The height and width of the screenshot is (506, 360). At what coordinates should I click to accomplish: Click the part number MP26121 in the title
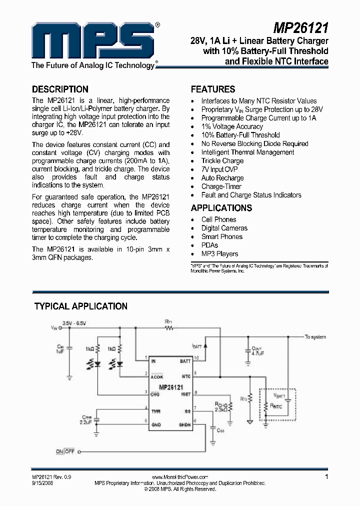(x=301, y=26)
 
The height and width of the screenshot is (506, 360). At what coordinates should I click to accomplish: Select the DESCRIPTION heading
(x=60, y=89)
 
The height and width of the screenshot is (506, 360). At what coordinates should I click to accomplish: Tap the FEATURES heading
(x=213, y=89)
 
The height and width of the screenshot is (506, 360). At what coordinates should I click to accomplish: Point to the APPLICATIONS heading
(x=221, y=208)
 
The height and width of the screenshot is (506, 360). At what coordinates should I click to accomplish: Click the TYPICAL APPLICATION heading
(x=80, y=306)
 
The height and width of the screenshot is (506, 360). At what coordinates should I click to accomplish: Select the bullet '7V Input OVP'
(x=219, y=169)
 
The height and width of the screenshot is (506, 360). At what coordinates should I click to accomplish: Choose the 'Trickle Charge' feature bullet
(x=222, y=161)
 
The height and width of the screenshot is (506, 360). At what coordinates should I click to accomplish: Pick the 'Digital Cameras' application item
(x=224, y=228)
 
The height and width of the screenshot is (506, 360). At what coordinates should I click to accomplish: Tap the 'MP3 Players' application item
(x=219, y=253)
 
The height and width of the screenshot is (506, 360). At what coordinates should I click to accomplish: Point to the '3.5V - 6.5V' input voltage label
(x=74, y=323)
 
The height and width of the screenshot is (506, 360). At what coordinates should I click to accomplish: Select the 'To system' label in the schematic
(x=315, y=337)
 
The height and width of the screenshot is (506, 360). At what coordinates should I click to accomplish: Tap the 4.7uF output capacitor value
(x=257, y=353)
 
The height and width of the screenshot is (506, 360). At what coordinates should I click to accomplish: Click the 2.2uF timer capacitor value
(x=85, y=422)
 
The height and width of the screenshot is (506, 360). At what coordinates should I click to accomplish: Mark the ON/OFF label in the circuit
(x=65, y=451)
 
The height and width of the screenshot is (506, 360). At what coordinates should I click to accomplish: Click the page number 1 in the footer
(x=326, y=476)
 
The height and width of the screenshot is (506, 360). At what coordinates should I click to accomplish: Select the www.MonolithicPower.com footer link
(x=179, y=477)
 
